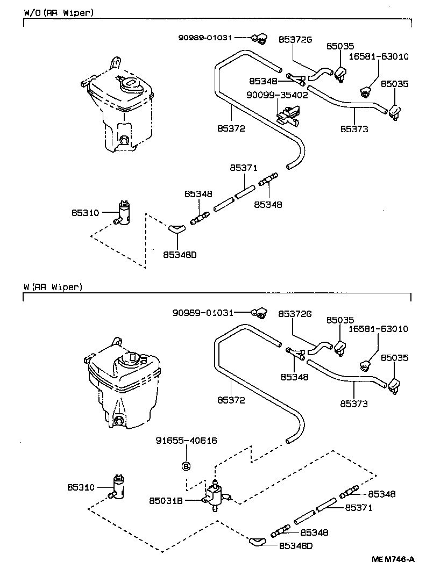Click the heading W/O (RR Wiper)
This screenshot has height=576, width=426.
tap(59, 12)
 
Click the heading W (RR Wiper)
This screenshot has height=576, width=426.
tap(53, 287)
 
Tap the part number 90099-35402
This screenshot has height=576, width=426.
tap(277, 95)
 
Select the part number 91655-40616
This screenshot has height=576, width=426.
tap(186, 441)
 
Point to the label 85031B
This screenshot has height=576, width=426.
tap(166, 501)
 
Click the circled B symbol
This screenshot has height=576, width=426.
tap(186, 465)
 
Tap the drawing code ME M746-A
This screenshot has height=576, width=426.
tap(393, 559)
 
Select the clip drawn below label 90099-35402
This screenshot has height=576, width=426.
tap(287, 114)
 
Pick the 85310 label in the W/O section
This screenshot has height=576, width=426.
tap(85, 213)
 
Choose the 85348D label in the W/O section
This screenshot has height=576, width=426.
tap(180, 255)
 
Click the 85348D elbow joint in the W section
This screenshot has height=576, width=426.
tap(258, 541)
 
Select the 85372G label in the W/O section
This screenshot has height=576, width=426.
tap(295, 39)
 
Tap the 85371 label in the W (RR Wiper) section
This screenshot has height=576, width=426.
tap(358, 507)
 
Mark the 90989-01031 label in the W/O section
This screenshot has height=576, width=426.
tap(205, 37)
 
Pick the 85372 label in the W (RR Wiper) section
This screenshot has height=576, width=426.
tap(231, 400)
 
